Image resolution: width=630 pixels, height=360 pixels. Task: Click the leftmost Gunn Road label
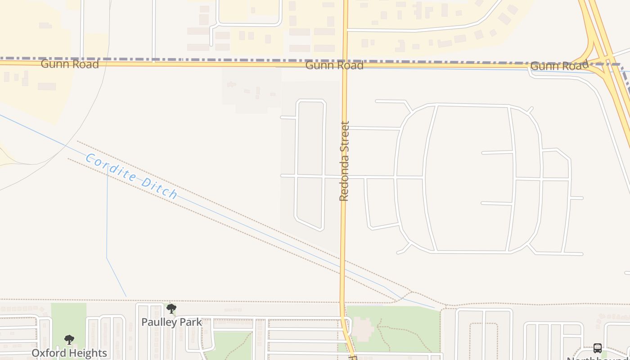point(70,64)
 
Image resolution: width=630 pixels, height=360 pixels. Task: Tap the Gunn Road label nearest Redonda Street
point(334,65)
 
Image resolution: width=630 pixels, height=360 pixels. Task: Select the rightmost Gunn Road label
point(559,66)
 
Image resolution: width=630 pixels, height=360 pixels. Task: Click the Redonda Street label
point(344,161)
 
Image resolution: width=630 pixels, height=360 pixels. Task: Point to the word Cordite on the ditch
point(111,168)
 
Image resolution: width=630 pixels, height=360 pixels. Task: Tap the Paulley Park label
point(171,322)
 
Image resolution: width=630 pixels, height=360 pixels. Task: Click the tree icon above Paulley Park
point(171,309)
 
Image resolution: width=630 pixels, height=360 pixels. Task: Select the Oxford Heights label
point(69,353)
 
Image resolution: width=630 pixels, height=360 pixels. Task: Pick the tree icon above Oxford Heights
point(69,340)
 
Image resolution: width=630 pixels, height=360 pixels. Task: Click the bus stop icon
point(598,348)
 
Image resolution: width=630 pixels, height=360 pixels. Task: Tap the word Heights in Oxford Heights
point(88,353)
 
